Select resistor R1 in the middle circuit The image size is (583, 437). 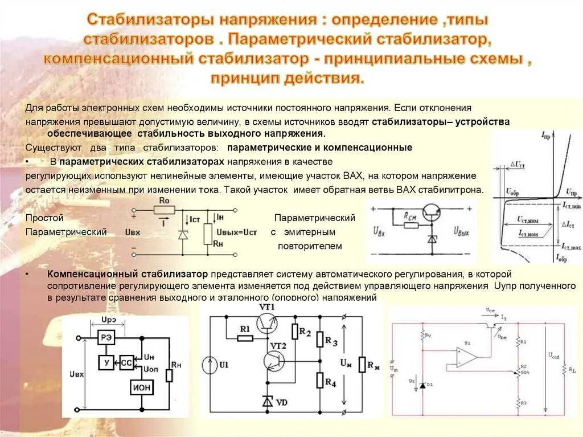click(x=245, y=338)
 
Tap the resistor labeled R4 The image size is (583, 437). click(x=321, y=381)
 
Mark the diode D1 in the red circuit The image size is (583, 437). click(x=422, y=386)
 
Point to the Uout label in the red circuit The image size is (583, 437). click(x=553, y=356)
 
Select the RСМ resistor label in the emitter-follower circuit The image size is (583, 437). click(x=410, y=217)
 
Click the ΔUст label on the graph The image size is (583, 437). click(x=518, y=165)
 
